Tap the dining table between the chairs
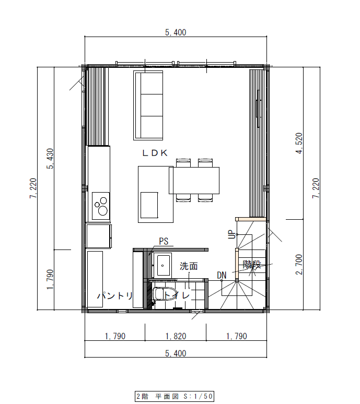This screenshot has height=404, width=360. click(194, 180)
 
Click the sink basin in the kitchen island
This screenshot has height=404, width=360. click(149, 205)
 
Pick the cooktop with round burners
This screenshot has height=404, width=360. click(101, 206)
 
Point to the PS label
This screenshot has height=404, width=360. click(164, 241)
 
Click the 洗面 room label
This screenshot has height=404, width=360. click(189, 266)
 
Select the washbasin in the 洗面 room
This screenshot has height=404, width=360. click(164, 265)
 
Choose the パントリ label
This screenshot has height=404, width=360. click(115, 295)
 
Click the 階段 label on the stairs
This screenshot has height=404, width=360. click(251, 265)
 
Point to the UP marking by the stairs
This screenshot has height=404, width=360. click(231, 235)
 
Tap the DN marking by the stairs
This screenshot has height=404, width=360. click(222, 275)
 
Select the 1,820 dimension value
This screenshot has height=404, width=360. click(175, 336)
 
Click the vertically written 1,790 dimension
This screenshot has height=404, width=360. click(51, 280)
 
